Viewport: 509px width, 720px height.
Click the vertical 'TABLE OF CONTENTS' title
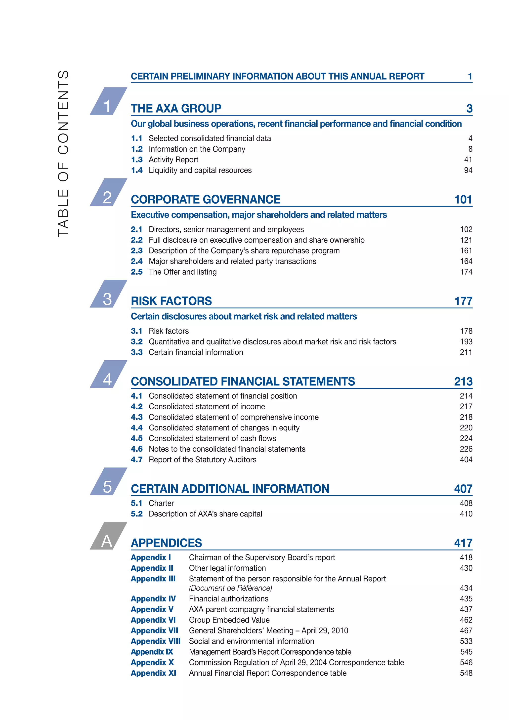click(63, 153)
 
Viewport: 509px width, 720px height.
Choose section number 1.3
click(137, 160)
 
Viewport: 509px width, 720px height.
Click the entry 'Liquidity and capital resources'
click(200, 170)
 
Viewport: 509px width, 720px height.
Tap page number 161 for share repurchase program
click(466, 251)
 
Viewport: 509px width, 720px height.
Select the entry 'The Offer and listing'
click(182, 272)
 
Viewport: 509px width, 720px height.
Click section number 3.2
click(137, 341)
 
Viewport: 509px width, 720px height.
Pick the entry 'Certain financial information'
click(196, 352)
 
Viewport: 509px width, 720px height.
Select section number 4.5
click(137, 438)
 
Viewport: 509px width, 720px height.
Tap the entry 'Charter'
click(161, 503)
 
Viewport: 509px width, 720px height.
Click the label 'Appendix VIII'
click(156, 641)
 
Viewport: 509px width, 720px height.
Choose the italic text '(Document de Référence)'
click(230, 588)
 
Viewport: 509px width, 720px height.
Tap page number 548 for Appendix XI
click(466, 673)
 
